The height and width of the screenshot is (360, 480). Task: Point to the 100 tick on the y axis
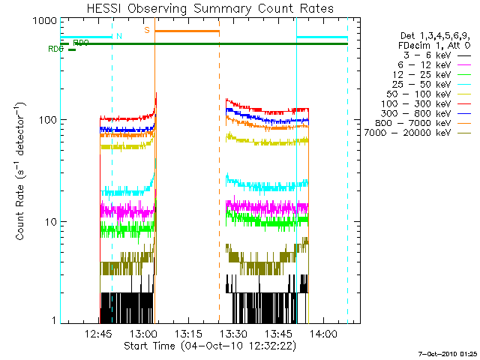[46, 120]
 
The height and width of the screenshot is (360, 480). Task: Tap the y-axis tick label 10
[49, 222]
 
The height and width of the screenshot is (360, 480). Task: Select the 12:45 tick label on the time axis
[100, 334]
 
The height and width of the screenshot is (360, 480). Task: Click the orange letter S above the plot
[147, 30]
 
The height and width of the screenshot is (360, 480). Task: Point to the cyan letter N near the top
[118, 35]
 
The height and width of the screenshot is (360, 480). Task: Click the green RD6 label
[55, 49]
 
